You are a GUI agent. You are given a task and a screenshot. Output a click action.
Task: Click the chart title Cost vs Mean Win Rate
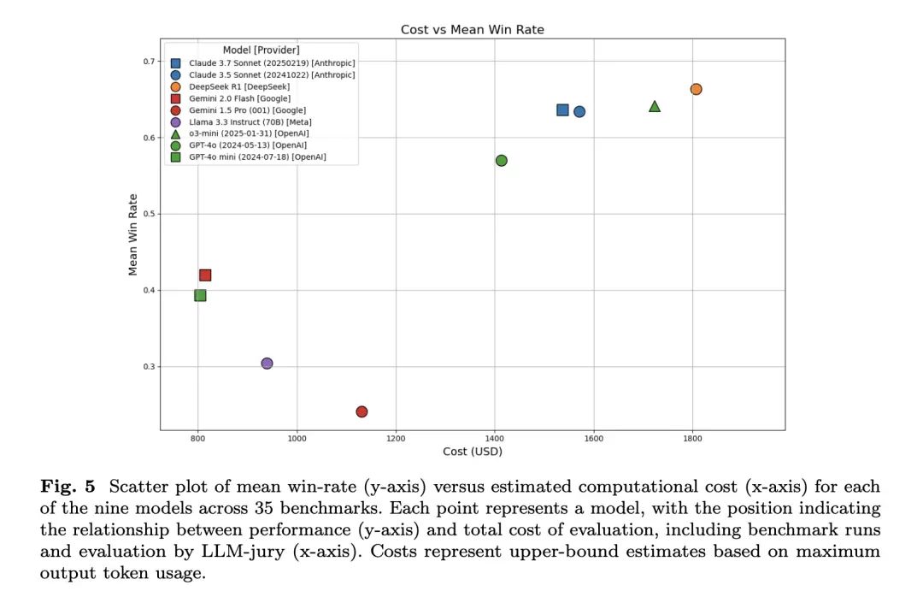[472, 30]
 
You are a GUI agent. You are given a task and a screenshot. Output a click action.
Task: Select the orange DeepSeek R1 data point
[696, 89]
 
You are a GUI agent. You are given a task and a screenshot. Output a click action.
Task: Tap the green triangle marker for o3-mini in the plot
[655, 106]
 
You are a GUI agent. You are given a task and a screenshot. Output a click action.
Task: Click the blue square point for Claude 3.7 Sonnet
[562, 109]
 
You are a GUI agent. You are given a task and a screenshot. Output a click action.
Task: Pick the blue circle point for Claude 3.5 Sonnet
[579, 111]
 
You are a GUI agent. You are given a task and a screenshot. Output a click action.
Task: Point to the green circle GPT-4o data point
[502, 161]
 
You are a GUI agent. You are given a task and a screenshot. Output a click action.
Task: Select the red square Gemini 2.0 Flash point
[205, 275]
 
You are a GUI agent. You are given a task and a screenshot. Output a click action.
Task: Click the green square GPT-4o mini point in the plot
[200, 295]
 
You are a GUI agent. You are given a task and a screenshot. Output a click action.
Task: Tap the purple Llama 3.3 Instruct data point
[267, 363]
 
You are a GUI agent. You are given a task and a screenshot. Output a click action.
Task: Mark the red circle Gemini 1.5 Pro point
[362, 411]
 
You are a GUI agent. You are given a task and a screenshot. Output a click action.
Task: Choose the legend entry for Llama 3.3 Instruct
[248, 122]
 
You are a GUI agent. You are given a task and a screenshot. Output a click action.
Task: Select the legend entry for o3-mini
[248, 133]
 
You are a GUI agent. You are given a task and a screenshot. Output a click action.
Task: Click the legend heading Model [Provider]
[261, 50]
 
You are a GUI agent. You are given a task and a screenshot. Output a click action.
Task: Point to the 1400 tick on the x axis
[494, 439]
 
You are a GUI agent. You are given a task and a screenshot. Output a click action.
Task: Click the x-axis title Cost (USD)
[472, 451]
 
